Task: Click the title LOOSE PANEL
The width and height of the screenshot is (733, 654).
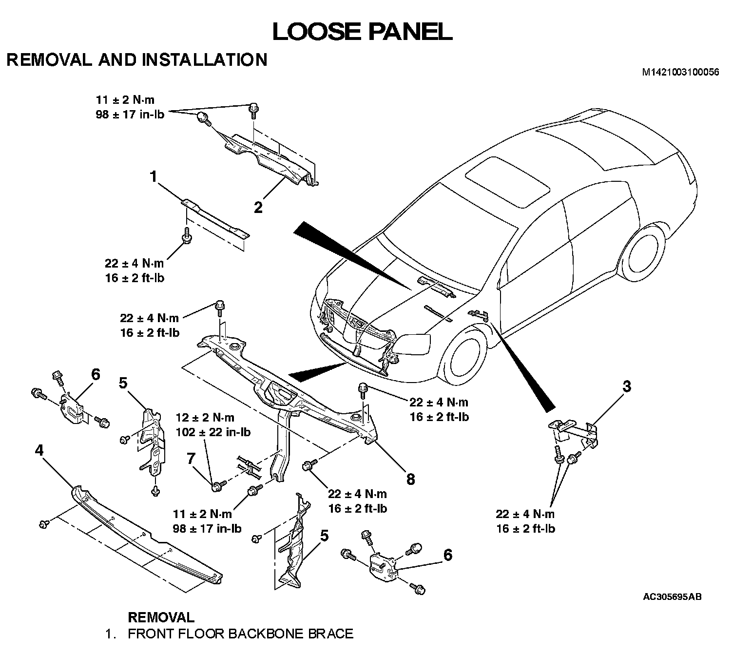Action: pos(362,32)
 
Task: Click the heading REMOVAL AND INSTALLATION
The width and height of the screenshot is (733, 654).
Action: pos(137,60)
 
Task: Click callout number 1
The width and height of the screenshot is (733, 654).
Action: pos(154,176)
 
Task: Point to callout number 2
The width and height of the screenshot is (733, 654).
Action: pos(258,207)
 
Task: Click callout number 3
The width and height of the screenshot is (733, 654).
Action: pos(627,386)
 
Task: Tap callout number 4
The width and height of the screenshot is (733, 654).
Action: pos(39,451)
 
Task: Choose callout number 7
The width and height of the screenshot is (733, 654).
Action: pos(191,458)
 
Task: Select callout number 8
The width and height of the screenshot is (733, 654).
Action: pos(410,479)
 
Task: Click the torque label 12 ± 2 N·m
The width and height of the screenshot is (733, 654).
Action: pos(205,418)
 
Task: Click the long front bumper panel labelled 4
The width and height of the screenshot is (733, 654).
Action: pos(146,536)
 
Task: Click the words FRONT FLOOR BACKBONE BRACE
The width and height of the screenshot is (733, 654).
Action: pos(240,634)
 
